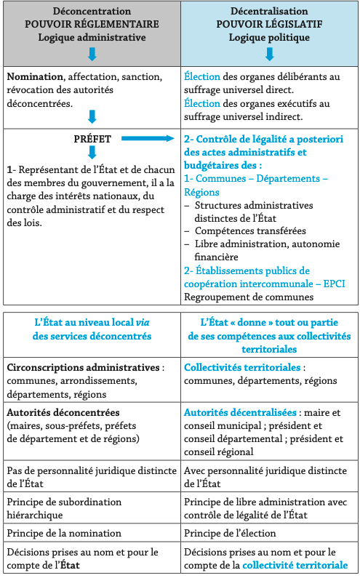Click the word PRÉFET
click(x=92, y=137)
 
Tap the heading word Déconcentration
click(x=92, y=12)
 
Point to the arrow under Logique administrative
click(x=92, y=54)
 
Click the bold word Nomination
click(x=33, y=76)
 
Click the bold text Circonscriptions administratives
click(x=81, y=368)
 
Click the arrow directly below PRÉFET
click(x=92, y=152)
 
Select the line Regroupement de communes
click(x=249, y=297)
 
